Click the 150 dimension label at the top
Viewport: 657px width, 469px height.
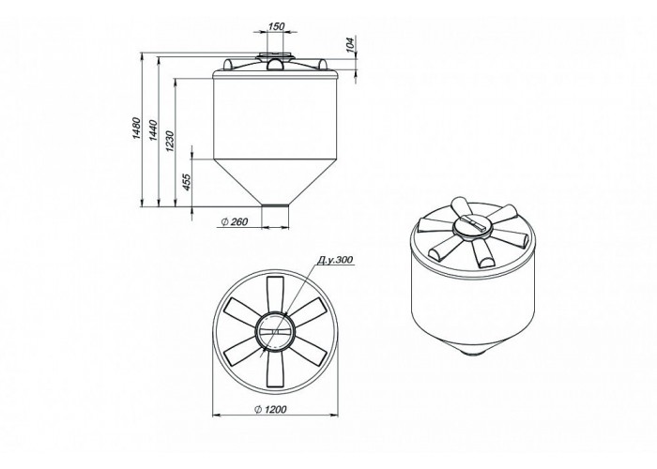[x=276, y=26]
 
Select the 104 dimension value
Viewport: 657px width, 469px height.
[x=351, y=43]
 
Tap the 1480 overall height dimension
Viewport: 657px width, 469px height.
[x=136, y=129]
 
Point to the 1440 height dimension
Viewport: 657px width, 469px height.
[x=153, y=129]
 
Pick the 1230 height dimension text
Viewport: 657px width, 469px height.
[x=169, y=141]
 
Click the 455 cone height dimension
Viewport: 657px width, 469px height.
[x=187, y=182]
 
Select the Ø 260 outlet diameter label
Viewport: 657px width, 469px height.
[x=235, y=222]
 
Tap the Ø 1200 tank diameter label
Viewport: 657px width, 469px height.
[x=270, y=409]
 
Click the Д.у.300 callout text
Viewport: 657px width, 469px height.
[x=335, y=260]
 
